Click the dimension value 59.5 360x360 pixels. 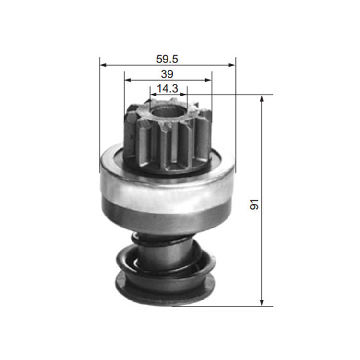click(x=167, y=59)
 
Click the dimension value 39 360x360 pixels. click(x=167, y=74)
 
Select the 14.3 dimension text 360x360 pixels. click(x=168, y=89)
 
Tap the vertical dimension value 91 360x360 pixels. click(x=254, y=204)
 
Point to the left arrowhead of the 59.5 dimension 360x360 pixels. click(x=103, y=65)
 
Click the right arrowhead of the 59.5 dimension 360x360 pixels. click(x=232, y=65)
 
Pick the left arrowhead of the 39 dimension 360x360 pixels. click(x=127, y=80)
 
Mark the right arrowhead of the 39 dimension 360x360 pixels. click(x=208, y=80)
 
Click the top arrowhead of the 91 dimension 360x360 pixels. click(x=262, y=99)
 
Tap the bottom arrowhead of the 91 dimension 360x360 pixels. click(x=262, y=302)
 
